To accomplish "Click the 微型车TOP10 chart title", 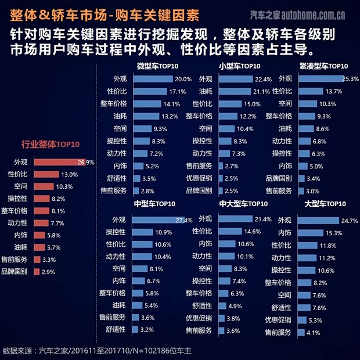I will click(x=157, y=66).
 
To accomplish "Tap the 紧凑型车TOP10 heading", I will click(x=323, y=66).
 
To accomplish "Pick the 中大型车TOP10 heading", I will click(x=243, y=204).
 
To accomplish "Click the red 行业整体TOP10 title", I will click(x=51, y=145).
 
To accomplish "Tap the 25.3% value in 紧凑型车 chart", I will click(x=350, y=78).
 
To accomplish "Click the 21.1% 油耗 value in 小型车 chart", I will click(x=261, y=92).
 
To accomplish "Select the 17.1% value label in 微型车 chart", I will click(x=177, y=92).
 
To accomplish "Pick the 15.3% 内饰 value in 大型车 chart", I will click(x=335, y=233).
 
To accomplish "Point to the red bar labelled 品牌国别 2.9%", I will click(x=37, y=272).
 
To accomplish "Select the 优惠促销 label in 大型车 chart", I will click(x=278, y=319).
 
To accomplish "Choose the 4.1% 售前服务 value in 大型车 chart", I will click(x=313, y=333).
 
